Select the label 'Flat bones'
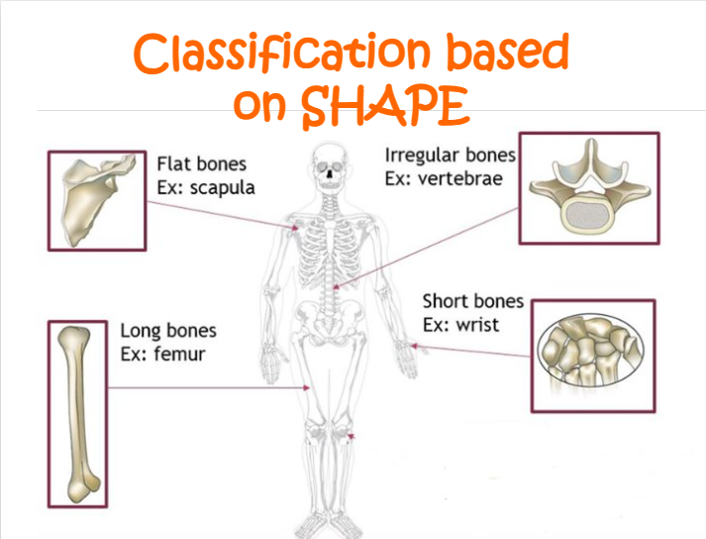click(x=201, y=163)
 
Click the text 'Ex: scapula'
click(x=205, y=186)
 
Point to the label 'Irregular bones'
click(x=450, y=156)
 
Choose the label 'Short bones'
click(x=472, y=301)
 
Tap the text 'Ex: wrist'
click(x=460, y=324)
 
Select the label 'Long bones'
click(x=167, y=331)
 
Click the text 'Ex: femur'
click(x=162, y=353)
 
